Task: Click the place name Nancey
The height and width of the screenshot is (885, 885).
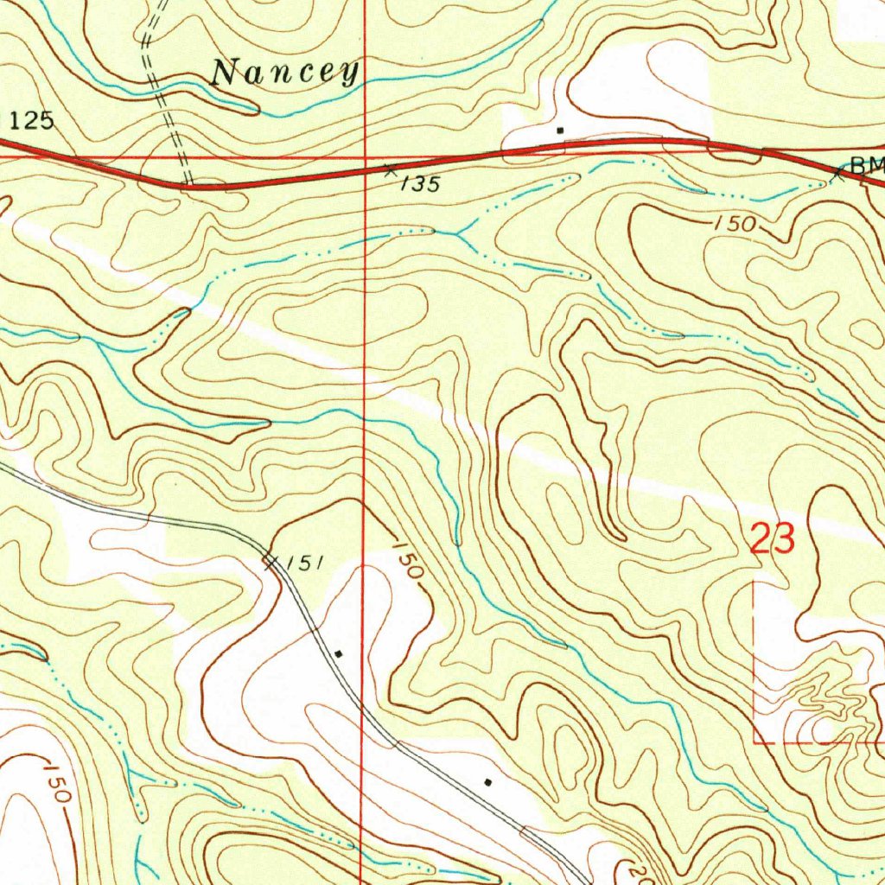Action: click(x=285, y=73)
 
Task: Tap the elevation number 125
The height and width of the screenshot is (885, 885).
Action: click(x=33, y=121)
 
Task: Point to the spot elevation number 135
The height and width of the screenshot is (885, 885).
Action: click(x=421, y=184)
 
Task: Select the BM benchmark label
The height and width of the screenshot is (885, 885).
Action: click(x=867, y=164)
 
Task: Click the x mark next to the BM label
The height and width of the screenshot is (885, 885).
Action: click(x=837, y=175)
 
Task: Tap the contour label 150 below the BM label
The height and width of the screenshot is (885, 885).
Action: click(x=735, y=225)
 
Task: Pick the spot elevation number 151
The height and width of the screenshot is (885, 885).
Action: click(x=304, y=563)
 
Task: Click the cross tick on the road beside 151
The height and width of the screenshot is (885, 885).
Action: click(x=270, y=563)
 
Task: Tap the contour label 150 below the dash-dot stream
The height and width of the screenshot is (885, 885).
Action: click(x=55, y=781)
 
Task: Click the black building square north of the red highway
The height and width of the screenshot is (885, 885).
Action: click(x=561, y=131)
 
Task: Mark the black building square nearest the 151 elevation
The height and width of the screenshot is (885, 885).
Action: click(x=339, y=654)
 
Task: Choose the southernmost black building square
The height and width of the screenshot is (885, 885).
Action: click(x=488, y=783)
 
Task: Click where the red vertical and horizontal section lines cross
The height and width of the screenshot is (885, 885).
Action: click(x=364, y=158)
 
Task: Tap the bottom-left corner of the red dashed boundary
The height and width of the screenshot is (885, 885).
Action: click(x=756, y=742)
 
